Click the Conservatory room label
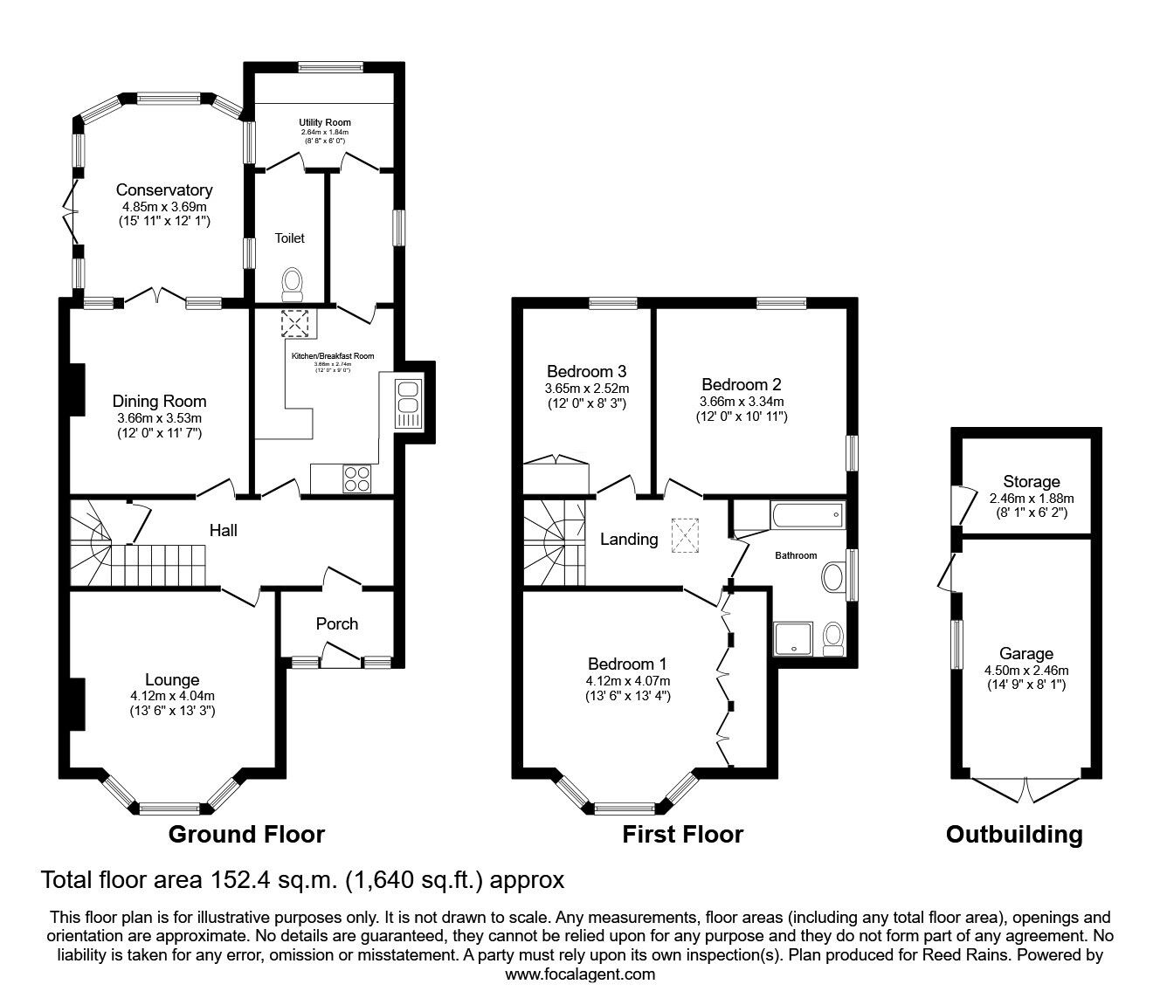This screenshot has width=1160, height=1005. [164, 189]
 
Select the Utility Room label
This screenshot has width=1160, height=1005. [324, 122]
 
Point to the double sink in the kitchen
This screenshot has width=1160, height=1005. [408, 402]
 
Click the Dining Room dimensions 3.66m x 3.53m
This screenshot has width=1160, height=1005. [159, 417]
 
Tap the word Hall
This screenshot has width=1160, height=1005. [223, 530]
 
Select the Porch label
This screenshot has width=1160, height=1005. [336, 623]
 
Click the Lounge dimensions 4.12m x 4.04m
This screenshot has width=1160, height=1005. [172, 696]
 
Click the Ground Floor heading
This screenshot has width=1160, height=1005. [246, 835]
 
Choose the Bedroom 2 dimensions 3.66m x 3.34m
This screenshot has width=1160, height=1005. [741, 401]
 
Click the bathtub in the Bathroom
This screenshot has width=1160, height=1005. [807, 516]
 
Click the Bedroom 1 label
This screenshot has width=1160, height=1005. [628, 664]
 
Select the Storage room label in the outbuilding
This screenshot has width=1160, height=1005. [1031, 481]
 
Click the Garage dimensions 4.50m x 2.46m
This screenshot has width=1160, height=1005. [1026, 670]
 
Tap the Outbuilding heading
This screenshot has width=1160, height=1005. [1014, 835]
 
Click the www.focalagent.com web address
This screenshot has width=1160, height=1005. [580, 974]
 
